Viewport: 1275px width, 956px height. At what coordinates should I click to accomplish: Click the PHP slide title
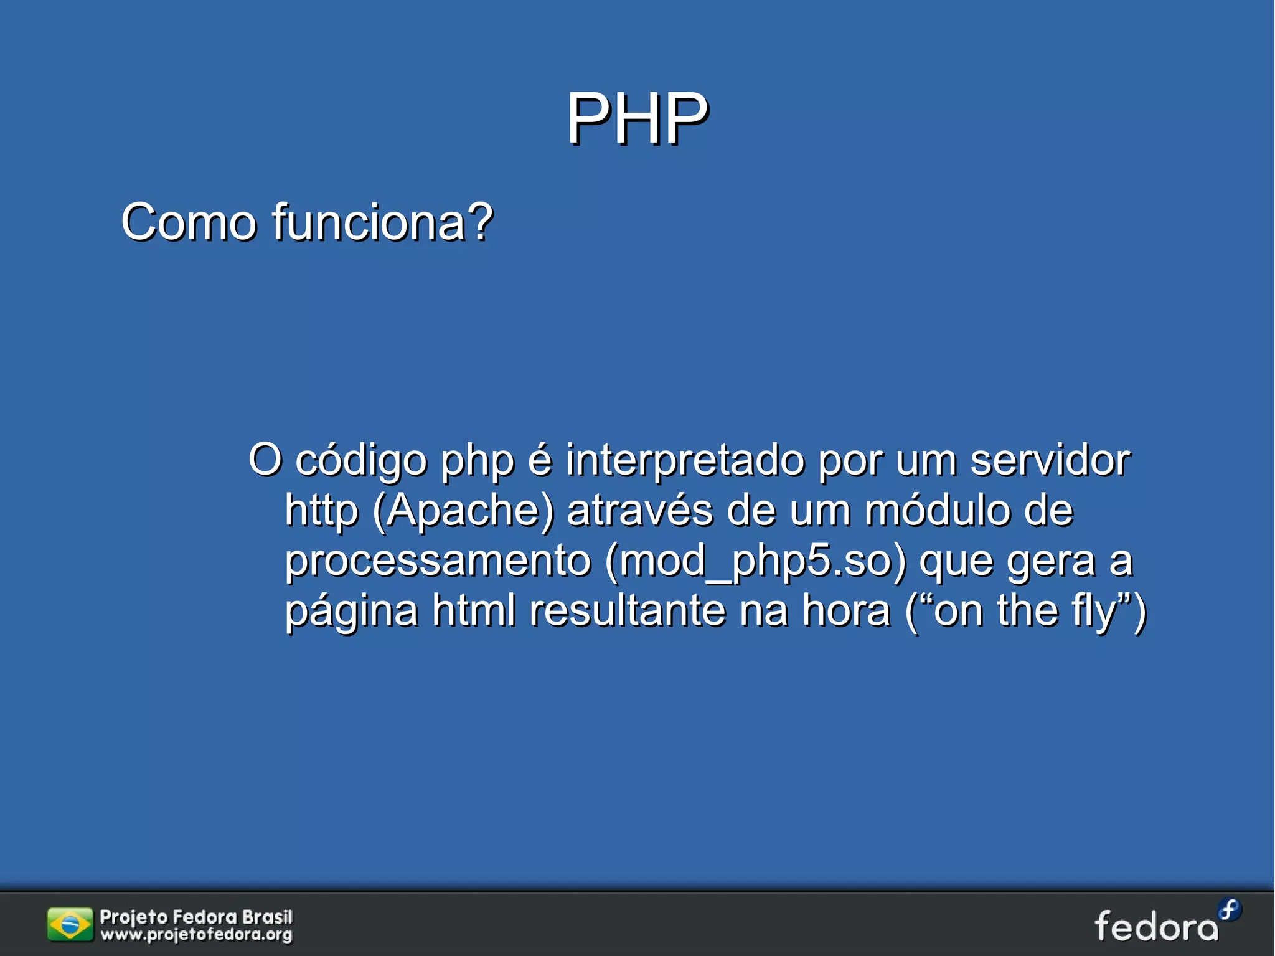tap(637, 118)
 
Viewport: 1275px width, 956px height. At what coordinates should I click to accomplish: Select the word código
tap(361, 461)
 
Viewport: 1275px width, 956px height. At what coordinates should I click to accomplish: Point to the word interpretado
tap(685, 461)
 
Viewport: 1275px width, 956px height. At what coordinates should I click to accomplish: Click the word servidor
tap(1050, 460)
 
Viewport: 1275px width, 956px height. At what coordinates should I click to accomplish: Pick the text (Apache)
tap(463, 511)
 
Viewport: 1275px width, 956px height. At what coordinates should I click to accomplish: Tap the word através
tap(640, 510)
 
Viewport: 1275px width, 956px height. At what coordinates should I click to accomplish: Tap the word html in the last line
tap(474, 610)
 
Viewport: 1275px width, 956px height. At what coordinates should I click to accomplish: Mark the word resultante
tap(628, 610)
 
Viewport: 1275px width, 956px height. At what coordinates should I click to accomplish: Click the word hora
tap(846, 610)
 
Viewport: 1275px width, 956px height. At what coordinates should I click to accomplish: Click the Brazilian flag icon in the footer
tap(70, 924)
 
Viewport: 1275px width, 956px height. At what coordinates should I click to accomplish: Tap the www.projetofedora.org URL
tap(196, 934)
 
